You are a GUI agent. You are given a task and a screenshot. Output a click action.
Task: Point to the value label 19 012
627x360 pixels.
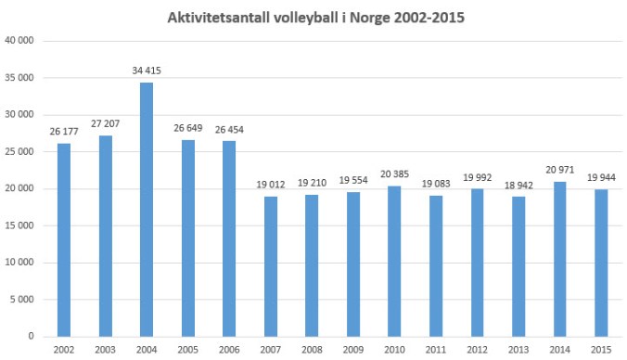click(272, 186)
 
